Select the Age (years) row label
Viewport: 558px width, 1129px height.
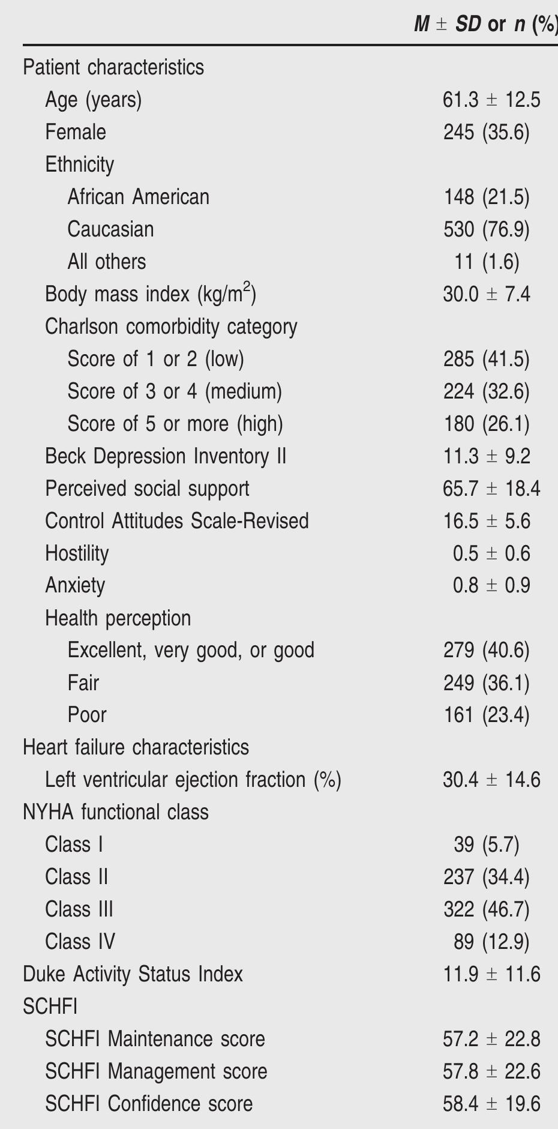[94, 100]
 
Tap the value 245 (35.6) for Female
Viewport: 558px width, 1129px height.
[487, 132]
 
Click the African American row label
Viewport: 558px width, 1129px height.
[139, 197]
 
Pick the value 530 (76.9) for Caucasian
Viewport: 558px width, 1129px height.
[487, 229]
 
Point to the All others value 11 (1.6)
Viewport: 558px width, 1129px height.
[487, 262]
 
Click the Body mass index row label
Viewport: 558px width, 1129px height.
[151, 294]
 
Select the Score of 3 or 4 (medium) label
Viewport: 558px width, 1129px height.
[175, 391]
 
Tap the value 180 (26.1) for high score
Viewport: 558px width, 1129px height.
[487, 424]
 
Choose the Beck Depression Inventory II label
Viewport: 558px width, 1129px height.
[166, 456]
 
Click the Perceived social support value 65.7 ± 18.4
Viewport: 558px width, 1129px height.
[491, 489]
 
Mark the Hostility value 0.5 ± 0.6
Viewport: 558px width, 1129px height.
[491, 553]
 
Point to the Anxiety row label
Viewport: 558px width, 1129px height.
[75, 585]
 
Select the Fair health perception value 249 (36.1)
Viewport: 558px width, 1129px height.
[487, 683]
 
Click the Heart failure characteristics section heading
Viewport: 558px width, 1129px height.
[136, 747]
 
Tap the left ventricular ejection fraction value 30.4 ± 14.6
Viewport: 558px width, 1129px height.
[491, 780]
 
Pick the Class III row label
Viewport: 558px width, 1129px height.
[79, 909]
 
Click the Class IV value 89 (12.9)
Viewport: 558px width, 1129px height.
[491, 942]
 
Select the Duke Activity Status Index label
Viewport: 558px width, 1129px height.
[133, 974]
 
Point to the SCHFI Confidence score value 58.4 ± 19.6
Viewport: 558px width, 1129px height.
[491, 1104]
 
